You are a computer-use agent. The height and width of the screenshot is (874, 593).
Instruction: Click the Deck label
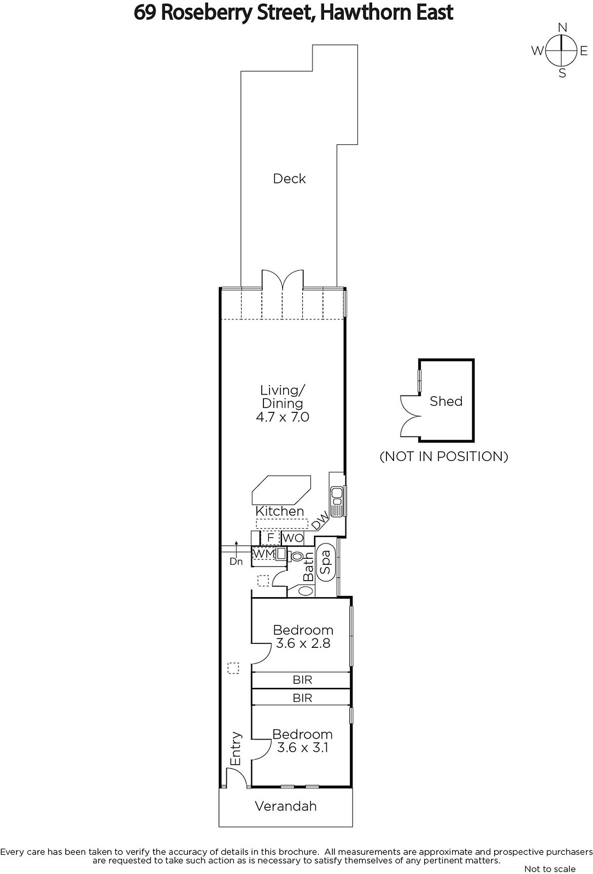[x=289, y=179]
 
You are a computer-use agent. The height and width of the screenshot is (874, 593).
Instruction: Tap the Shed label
[x=446, y=401]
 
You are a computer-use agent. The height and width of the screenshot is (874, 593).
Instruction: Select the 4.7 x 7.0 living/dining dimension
[x=282, y=417]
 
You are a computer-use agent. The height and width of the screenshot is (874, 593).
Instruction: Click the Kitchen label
[x=279, y=511]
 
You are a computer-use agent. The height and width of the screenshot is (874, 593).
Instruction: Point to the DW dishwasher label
[x=320, y=521]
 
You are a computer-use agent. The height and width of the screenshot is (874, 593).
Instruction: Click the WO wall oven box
[x=292, y=538]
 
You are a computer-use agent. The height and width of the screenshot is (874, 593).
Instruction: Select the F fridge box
[x=270, y=538]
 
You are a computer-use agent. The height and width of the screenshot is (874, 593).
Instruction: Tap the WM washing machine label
[x=264, y=553]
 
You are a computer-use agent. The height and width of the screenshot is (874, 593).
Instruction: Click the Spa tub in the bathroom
[x=325, y=562]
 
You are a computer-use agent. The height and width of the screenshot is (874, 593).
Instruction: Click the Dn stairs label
[x=236, y=562]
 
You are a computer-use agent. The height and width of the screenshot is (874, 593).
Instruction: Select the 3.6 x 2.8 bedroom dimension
[x=303, y=643]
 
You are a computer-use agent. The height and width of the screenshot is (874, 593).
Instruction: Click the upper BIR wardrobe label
[x=303, y=680]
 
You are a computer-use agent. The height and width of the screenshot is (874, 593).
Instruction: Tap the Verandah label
[x=286, y=806]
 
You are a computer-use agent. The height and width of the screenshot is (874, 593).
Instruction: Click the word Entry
[x=236, y=748]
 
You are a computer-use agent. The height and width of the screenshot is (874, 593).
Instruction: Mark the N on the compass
[x=562, y=27]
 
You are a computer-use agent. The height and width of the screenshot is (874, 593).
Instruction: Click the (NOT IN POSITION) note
[x=444, y=456]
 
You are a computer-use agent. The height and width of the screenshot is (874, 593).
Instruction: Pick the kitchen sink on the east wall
[x=337, y=501]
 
